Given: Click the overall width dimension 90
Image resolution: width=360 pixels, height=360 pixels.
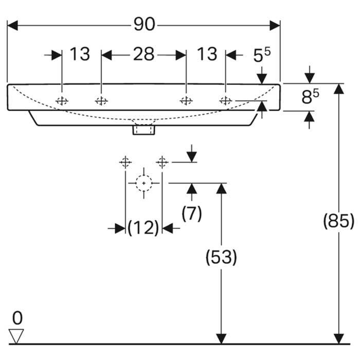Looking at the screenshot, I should coord(145,25).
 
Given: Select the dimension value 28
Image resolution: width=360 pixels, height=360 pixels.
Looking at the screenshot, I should coord(143,54).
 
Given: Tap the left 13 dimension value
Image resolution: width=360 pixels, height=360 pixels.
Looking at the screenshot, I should coord(80,54).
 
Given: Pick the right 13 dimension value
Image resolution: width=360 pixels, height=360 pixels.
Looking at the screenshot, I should coord(207,54).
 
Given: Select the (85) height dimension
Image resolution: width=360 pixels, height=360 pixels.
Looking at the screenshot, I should coord(338,221).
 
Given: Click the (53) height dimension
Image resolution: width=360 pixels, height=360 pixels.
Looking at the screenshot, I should coord(222,257).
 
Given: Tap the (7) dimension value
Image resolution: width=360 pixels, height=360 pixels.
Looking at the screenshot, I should coord(192,212).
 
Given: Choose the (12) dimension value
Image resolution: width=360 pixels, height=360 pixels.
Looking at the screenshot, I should coord(143,227).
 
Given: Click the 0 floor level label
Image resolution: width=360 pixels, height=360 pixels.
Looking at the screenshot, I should coord(17,316).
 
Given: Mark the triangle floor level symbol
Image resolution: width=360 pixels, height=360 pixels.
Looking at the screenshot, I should coord(17,336).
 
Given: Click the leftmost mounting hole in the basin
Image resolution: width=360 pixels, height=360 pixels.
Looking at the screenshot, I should coord(62,101).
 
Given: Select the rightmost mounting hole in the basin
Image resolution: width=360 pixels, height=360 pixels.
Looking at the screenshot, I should coord(225,101).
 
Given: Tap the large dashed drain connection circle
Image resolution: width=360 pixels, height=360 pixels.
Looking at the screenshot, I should coord(143,183).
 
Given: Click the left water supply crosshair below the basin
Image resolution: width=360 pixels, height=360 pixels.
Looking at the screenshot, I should coord(125,163).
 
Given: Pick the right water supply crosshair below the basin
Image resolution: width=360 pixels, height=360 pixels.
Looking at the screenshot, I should coord(162,163).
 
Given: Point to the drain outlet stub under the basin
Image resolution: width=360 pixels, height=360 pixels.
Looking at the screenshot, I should coord(143,129).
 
